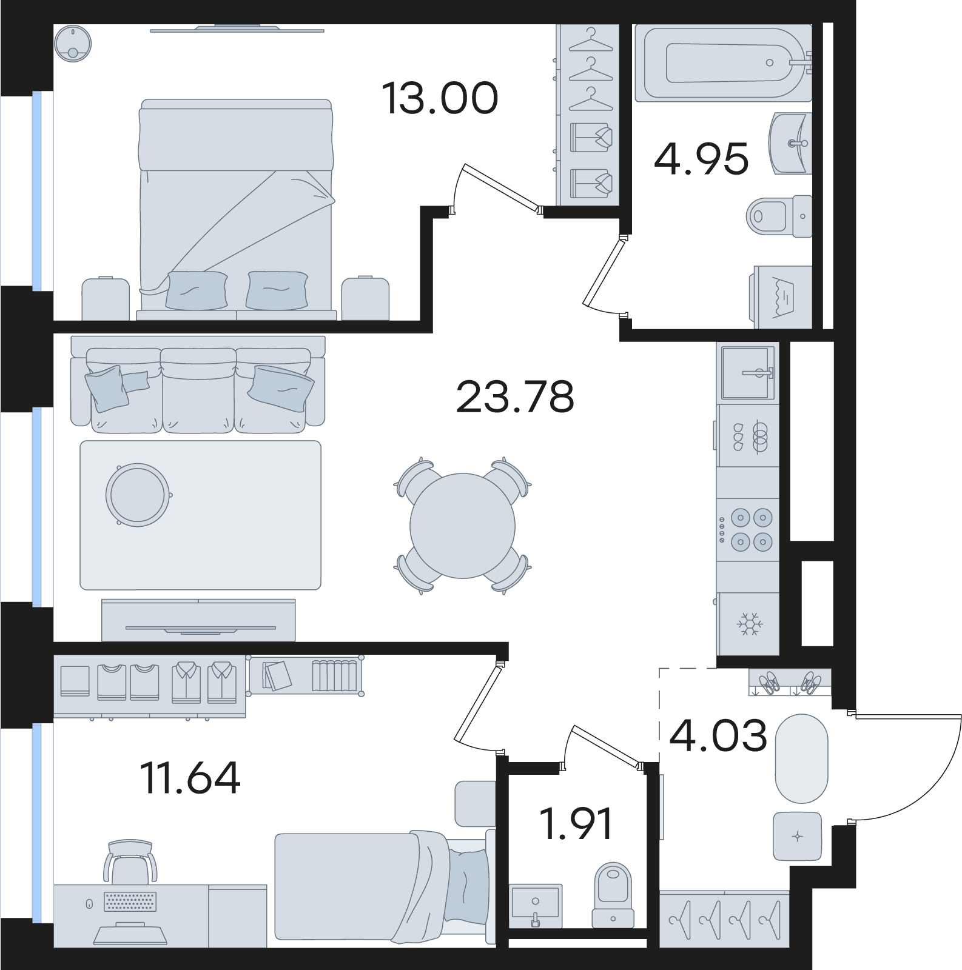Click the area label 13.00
[440, 99]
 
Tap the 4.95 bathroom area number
[701, 159]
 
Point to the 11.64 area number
[190, 778]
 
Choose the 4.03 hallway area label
[718, 735]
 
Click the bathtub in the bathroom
[724, 62]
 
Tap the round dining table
[462, 526]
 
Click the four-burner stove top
[748, 529]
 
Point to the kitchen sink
[748, 372]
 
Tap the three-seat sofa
[198, 384]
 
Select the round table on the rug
[138, 493]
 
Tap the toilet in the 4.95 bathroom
[780, 215]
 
